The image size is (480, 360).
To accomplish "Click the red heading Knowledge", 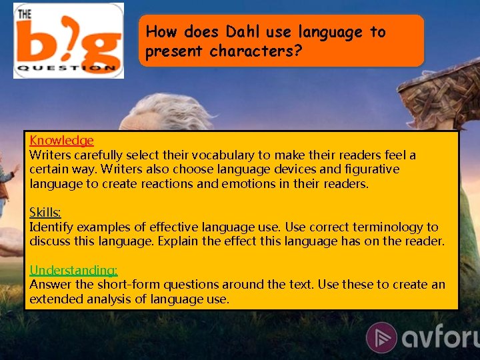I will (x=61, y=141).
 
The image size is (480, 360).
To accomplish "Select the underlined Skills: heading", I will (x=45, y=213).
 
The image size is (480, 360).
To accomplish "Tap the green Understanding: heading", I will (x=73, y=270).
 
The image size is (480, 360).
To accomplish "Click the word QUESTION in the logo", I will (x=67, y=68).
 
